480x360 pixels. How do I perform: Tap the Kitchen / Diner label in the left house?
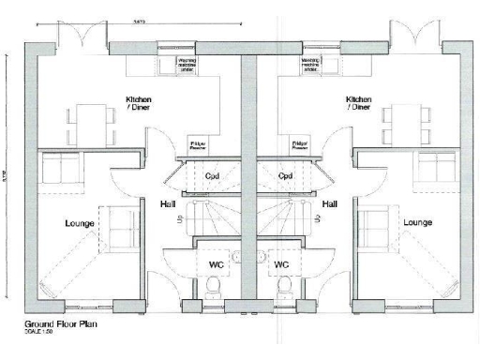coord(139,103)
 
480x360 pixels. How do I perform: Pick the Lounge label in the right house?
coord(417,223)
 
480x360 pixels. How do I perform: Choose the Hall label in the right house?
coord(330,203)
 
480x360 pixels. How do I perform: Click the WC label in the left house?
coord(215,265)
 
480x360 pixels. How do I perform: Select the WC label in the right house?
coord(280,265)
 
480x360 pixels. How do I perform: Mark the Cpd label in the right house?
coord(286,176)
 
